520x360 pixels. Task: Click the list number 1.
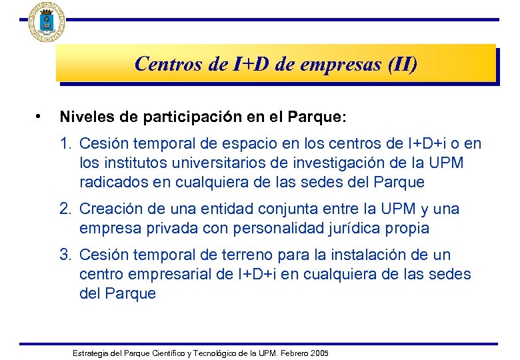(65, 143)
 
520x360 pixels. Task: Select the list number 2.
(65, 209)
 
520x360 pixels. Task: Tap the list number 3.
(65, 255)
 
